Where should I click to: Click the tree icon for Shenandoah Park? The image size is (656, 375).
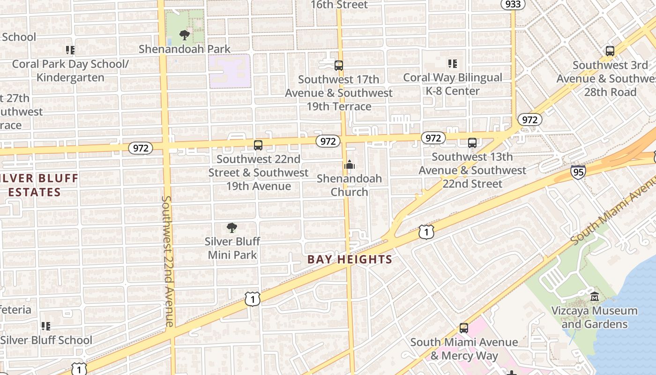(185, 35)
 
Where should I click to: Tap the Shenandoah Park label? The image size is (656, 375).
(185, 49)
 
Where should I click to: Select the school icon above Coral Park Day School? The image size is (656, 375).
(70, 50)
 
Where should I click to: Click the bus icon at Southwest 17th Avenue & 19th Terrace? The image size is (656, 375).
(339, 66)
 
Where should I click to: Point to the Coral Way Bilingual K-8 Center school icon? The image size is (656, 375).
(452, 63)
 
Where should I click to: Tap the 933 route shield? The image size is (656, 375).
(512, 4)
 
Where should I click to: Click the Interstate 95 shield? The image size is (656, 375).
(578, 172)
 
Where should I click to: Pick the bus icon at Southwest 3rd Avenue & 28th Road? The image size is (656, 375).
(610, 51)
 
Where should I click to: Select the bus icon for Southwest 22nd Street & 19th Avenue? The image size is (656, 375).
(258, 145)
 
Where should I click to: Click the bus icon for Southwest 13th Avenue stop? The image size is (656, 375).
(472, 143)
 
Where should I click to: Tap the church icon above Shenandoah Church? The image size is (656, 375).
(349, 165)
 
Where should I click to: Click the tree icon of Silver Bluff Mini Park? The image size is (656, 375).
(231, 228)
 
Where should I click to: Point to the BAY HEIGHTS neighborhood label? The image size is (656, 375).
(350, 259)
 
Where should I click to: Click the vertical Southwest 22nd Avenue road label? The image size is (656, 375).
(168, 261)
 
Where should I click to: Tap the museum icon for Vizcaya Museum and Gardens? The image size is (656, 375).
(595, 297)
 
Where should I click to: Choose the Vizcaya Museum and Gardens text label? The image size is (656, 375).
(594, 317)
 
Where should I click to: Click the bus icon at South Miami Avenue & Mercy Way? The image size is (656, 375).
(464, 328)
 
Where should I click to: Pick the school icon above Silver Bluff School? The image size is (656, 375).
(46, 326)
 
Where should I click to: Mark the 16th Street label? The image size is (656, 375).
(339, 5)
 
